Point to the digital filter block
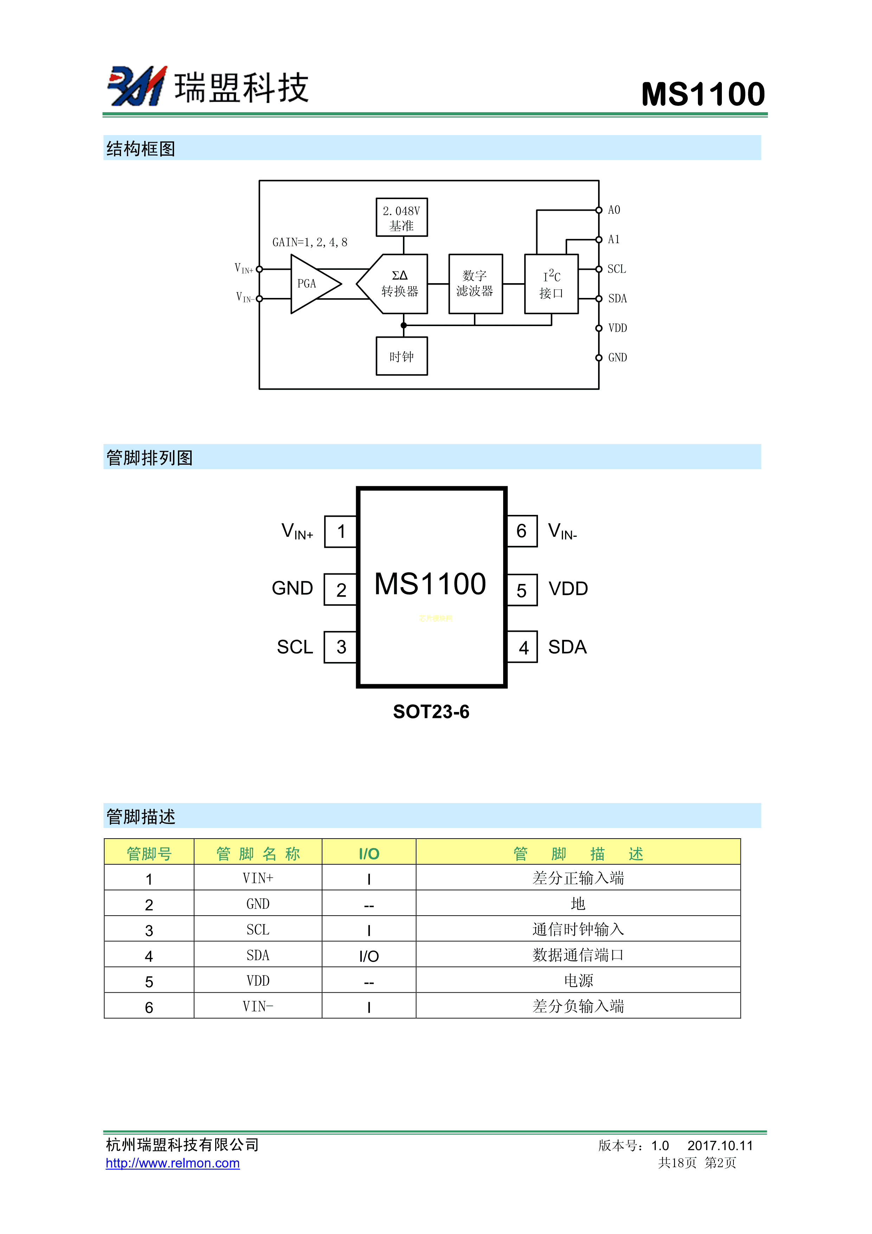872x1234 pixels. (x=475, y=284)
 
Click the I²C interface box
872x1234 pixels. (x=551, y=284)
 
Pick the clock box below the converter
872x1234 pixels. (x=401, y=356)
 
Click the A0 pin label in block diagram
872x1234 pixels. (x=614, y=210)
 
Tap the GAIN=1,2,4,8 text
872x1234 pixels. (x=309, y=242)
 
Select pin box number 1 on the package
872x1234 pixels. (x=341, y=532)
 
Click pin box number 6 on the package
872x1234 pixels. (x=522, y=531)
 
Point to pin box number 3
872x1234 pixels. (x=341, y=647)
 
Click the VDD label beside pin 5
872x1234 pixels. (x=568, y=589)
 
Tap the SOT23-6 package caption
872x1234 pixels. (x=431, y=712)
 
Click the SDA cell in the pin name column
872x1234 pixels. (x=258, y=956)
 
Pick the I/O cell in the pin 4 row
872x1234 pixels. (x=368, y=956)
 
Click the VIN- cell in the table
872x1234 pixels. (x=258, y=1007)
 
